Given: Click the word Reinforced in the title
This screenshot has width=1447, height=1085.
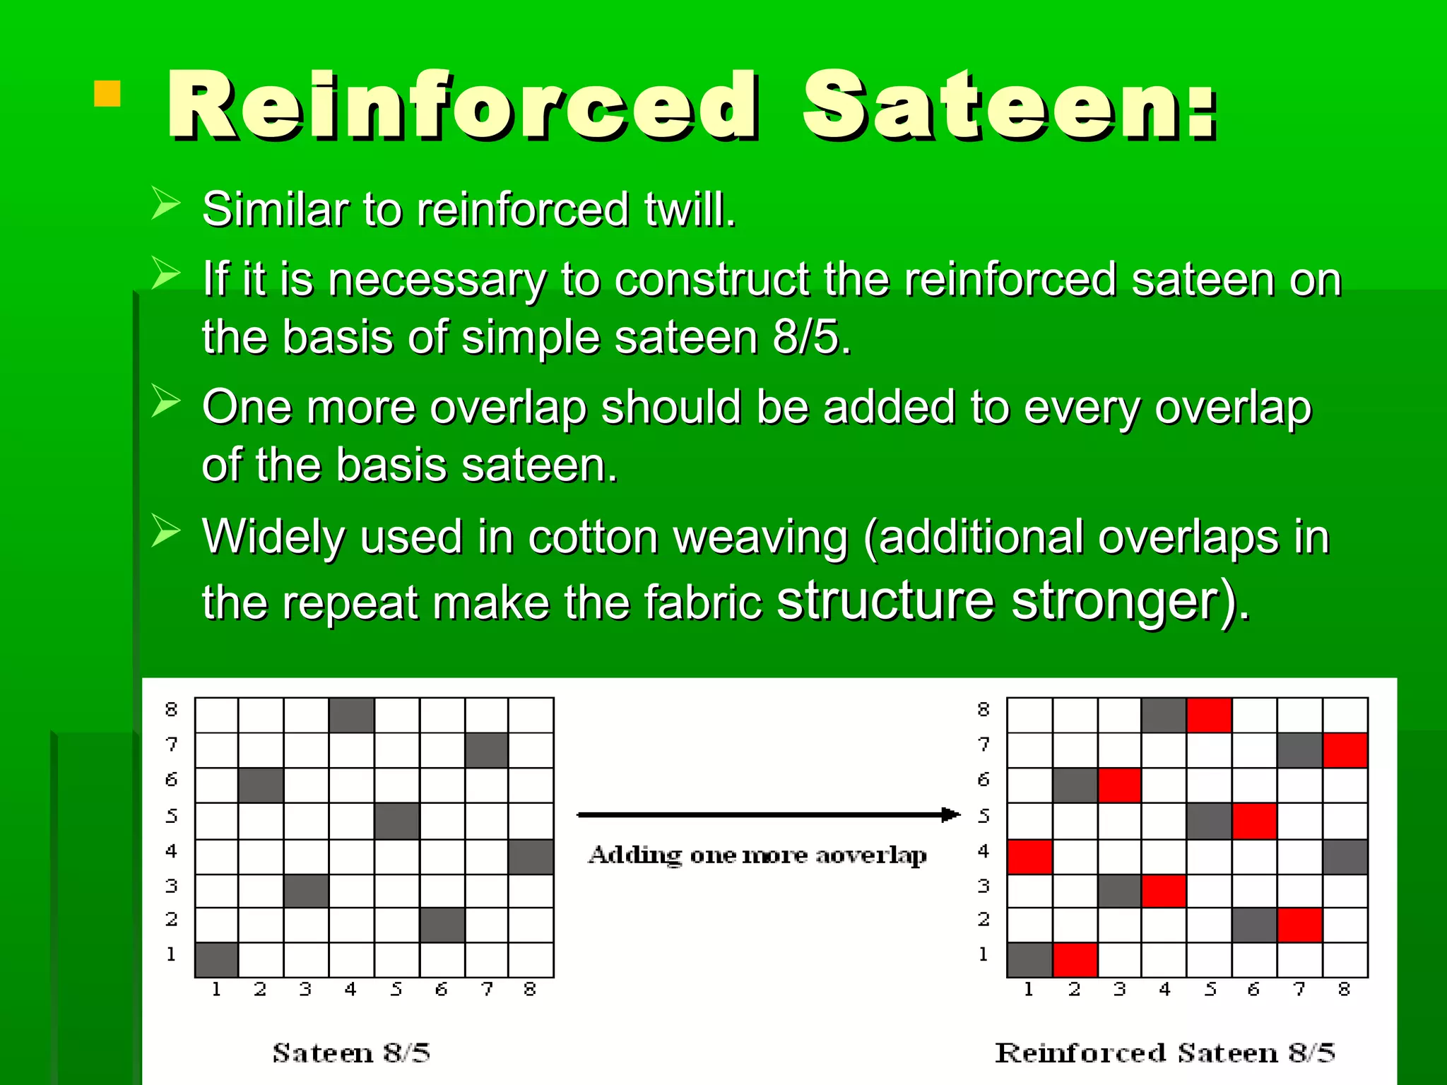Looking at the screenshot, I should [463, 106].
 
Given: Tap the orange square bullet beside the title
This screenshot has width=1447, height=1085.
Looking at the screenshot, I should [107, 94].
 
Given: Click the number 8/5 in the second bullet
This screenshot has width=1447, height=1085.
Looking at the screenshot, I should [810, 337].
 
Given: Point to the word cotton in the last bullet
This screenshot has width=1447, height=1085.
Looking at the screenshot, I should [593, 538].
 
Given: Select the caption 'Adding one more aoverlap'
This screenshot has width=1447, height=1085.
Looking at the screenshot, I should [757, 855].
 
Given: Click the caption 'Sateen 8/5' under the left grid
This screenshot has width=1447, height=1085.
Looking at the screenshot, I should [351, 1053].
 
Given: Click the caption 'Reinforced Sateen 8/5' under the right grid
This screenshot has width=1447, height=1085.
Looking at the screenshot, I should [1164, 1053].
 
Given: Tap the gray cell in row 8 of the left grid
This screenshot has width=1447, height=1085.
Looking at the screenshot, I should [351, 715].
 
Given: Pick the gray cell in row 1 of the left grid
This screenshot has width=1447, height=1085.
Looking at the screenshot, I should [216, 959].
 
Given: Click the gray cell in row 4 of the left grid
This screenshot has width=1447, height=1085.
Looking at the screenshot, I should [531, 856].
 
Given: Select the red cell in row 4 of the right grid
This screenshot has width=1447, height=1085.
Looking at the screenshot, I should [1029, 856].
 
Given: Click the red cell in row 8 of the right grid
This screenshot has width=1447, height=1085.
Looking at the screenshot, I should [1209, 715].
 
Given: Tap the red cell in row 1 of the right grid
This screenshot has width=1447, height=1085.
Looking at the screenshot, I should [1075, 959].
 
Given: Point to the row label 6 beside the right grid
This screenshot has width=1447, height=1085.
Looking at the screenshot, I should [984, 780].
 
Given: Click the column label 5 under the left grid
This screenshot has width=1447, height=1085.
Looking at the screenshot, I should [396, 990].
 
